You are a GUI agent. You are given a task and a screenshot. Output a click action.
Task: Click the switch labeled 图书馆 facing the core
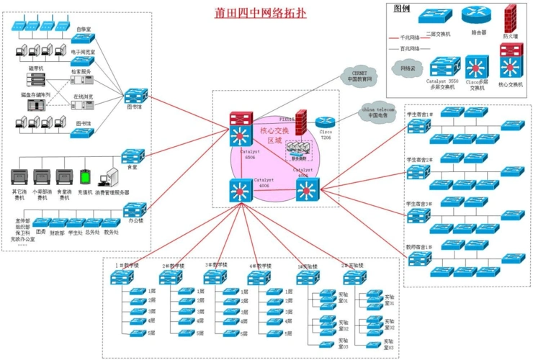click(x=135, y=96)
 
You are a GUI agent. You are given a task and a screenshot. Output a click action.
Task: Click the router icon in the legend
click(x=476, y=15)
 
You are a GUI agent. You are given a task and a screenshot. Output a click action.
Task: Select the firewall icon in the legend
click(x=511, y=16)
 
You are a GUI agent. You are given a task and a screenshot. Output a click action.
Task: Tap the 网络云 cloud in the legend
click(x=407, y=68)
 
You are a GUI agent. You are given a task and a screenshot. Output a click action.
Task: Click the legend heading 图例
click(x=402, y=9)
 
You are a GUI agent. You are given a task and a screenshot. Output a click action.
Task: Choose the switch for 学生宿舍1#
click(x=418, y=127)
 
